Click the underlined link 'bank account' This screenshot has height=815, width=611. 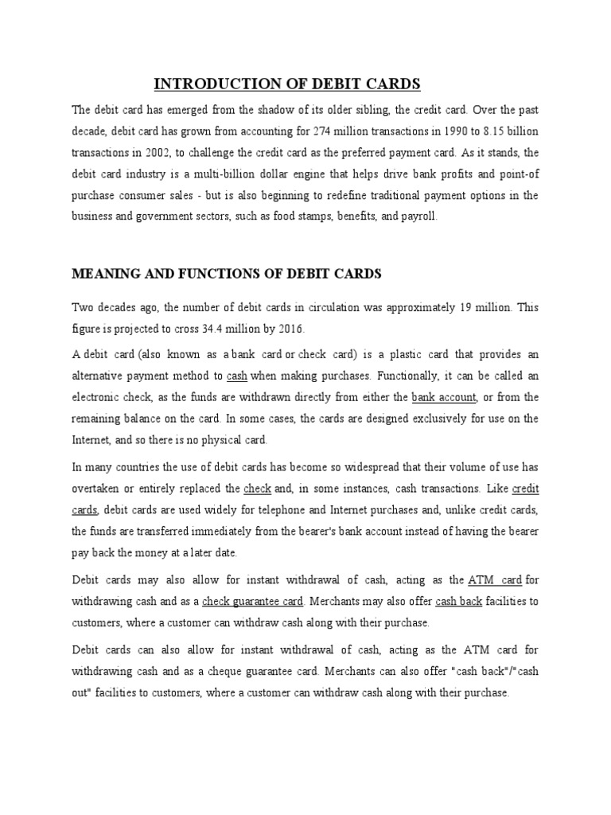tap(444, 396)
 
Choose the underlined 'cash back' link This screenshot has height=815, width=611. tap(459, 601)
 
